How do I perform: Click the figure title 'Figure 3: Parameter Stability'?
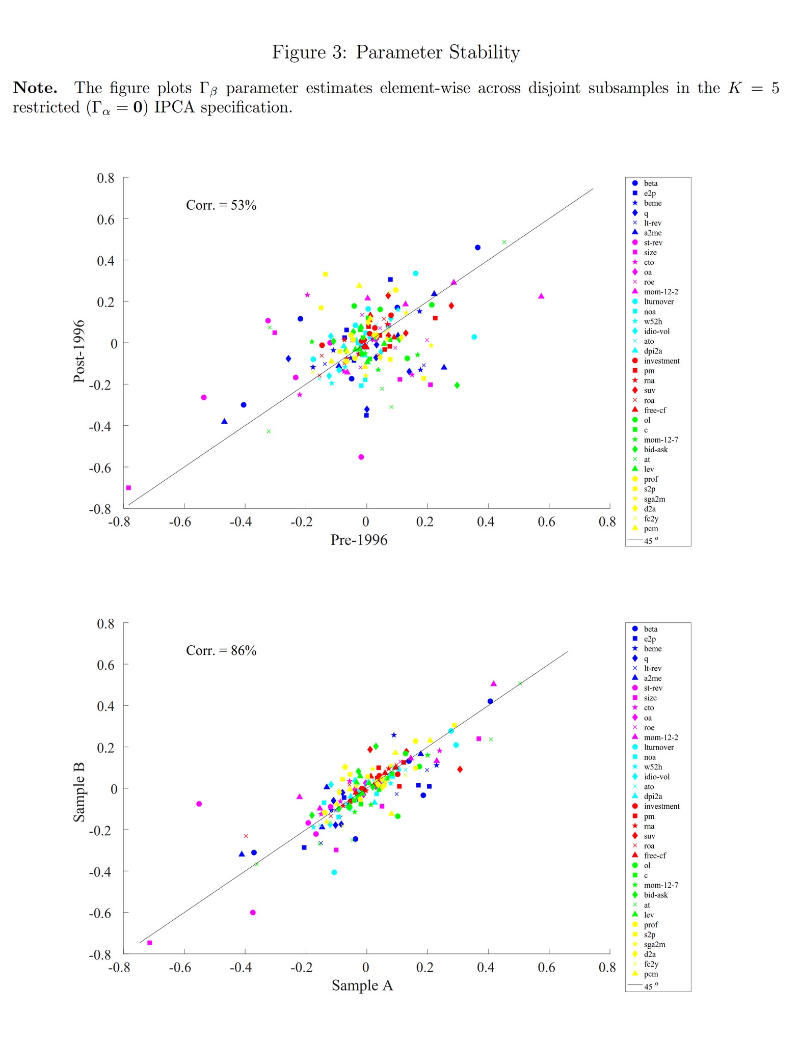(395, 52)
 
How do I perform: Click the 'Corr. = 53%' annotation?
(221, 205)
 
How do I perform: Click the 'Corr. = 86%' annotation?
(221, 650)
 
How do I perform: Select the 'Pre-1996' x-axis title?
(359, 540)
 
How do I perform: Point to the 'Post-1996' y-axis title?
(79, 351)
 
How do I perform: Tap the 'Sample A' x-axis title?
(362, 985)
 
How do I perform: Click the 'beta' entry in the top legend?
(650, 183)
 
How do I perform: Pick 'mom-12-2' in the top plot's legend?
(660, 292)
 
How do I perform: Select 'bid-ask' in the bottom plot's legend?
(655, 895)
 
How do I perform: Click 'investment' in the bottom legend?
(661, 806)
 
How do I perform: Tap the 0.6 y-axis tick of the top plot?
(105, 219)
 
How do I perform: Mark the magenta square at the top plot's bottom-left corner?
(128, 488)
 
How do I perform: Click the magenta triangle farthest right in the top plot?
(541, 296)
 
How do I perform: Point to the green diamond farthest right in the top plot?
(457, 386)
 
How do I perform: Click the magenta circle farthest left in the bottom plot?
(199, 804)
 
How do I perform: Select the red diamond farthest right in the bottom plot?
(460, 769)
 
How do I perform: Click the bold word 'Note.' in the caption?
(35, 88)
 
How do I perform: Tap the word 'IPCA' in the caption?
(174, 107)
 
